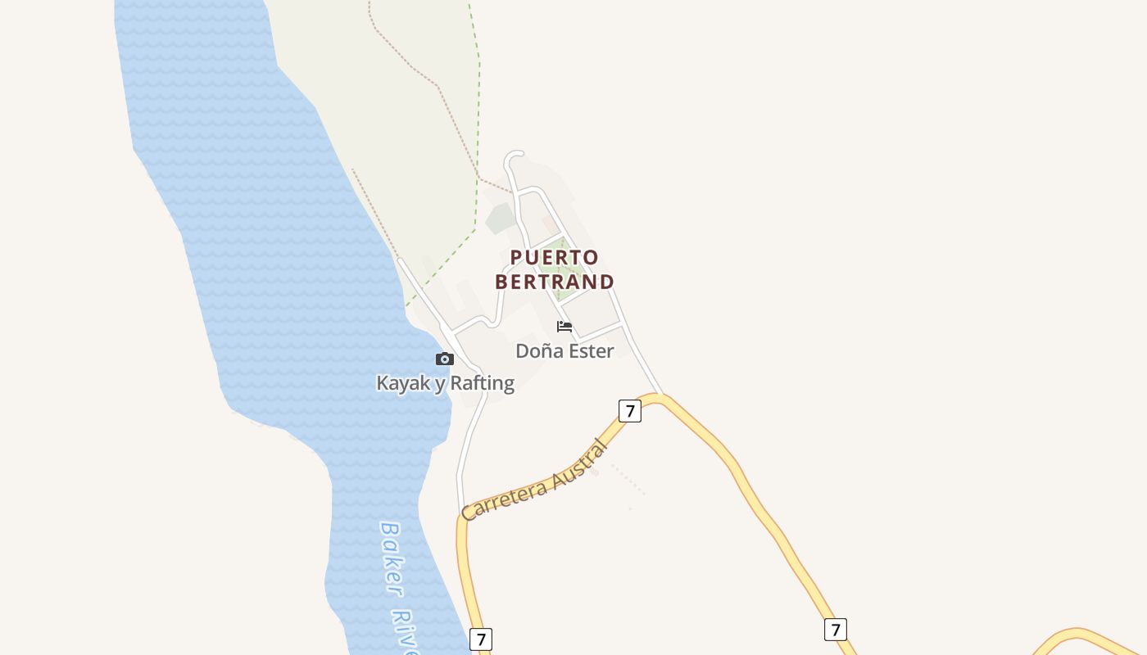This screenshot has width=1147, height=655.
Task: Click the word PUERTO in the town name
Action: pyautogui.click(x=554, y=258)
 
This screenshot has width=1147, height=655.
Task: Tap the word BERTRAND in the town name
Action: pyautogui.click(x=554, y=282)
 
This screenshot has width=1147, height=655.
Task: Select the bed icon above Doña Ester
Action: pyautogui.click(x=564, y=327)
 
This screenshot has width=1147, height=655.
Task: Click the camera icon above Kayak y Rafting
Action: pyautogui.click(x=445, y=359)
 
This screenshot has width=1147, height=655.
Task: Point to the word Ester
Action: pyautogui.click(x=588, y=351)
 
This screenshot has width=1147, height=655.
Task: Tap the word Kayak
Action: pyautogui.click(x=401, y=383)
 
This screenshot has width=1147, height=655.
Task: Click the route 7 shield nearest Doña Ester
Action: pyautogui.click(x=629, y=411)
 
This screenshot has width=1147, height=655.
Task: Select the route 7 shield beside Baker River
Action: pyautogui.click(x=481, y=639)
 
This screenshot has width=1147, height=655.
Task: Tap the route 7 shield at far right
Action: pyautogui.click(x=835, y=630)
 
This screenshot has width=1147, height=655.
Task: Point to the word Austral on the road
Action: pyautogui.click(x=580, y=464)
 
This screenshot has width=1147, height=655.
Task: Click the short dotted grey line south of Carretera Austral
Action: pyautogui.click(x=629, y=480)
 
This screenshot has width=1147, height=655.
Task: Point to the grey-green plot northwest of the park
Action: pyautogui.click(x=500, y=219)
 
